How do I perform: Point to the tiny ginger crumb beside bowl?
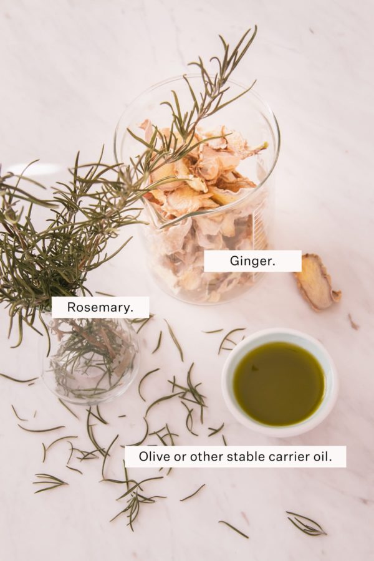(x=352, y=322)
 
